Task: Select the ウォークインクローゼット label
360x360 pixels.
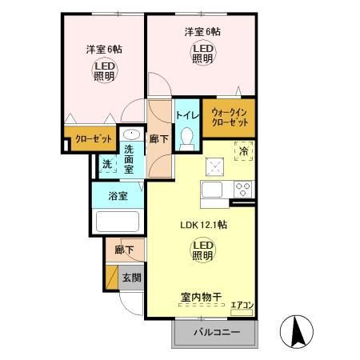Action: click(230, 118)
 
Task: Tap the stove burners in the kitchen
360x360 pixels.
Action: click(242, 190)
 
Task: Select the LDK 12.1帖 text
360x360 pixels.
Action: click(202, 225)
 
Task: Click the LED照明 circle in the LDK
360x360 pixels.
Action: click(202, 250)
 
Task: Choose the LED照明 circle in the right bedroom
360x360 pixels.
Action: click(202, 54)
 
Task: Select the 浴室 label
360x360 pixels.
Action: click(118, 194)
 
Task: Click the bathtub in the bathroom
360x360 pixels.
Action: click(118, 222)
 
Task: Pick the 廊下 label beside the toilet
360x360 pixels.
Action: click(158, 138)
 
